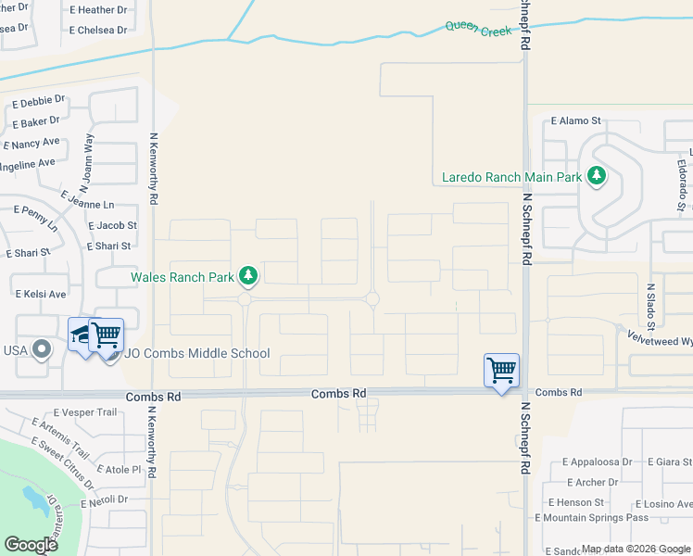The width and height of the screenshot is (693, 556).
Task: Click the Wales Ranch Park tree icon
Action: tap(248, 275)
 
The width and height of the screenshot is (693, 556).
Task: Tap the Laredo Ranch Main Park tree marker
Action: tap(598, 175)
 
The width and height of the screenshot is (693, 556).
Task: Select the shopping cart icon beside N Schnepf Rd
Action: tap(501, 371)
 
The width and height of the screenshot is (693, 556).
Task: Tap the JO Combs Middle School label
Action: tap(197, 353)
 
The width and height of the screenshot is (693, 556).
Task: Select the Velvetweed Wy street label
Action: tap(659, 340)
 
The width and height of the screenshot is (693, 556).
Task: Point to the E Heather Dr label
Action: tap(97, 10)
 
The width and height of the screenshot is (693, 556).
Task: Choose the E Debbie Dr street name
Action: tap(38, 99)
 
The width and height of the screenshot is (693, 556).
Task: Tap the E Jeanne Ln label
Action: tap(88, 199)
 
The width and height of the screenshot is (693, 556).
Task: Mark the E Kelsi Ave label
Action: tap(41, 294)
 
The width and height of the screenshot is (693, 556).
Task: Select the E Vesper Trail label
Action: tap(85, 412)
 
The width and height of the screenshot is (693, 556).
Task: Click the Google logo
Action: tap(31, 545)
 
